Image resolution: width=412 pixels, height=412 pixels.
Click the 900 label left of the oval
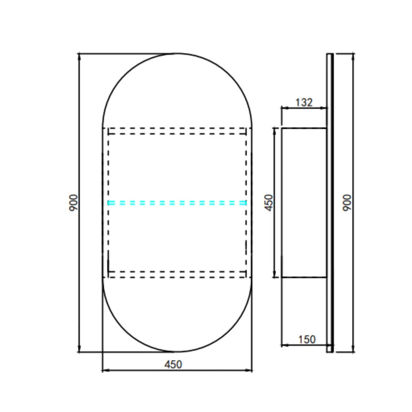[x=74, y=203]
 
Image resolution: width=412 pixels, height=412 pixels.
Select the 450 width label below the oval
[x=173, y=364]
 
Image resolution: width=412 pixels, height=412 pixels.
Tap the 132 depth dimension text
[x=304, y=102]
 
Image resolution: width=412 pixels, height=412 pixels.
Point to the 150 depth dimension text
[x=307, y=339]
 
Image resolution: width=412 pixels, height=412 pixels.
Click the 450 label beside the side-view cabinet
[x=269, y=202]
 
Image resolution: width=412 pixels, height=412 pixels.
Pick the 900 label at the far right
[x=347, y=203]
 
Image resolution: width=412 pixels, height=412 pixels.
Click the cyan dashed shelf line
[x=177, y=202]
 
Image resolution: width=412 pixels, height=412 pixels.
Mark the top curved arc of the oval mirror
[x=177, y=54]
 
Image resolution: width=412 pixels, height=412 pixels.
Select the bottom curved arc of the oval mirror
[x=177, y=352]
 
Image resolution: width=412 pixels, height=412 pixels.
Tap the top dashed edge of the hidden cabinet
[x=177, y=128]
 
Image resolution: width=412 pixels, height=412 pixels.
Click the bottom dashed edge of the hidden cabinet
[x=177, y=277]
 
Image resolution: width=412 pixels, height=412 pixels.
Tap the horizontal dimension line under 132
[x=304, y=108]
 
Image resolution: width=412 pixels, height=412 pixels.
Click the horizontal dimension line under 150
[x=304, y=346]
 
